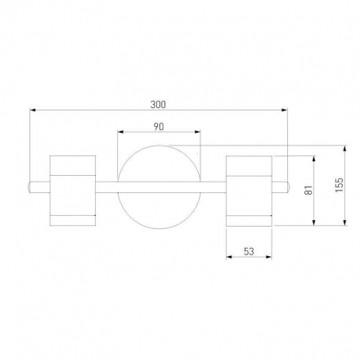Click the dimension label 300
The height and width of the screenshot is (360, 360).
pyautogui.click(x=158, y=105)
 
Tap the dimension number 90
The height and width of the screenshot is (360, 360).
pyautogui.click(x=159, y=127)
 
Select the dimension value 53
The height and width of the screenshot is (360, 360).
pyautogui.click(x=249, y=251)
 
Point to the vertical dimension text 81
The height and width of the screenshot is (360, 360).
pyautogui.click(x=308, y=190)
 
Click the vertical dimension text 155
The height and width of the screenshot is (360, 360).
pyautogui.click(x=339, y=185)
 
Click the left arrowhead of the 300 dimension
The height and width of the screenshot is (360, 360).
pyautogui.click(x=33, y=110)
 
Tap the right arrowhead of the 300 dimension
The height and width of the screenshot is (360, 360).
pyautogui.click(x=285, y=110)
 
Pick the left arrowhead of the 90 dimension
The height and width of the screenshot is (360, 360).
pyautogui.click(x=120, y=132)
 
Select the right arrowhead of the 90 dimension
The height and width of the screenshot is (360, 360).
pyautogui.click(x=197, y=132)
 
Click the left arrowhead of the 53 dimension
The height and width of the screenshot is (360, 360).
pyautogui.click(x=229, y=257)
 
